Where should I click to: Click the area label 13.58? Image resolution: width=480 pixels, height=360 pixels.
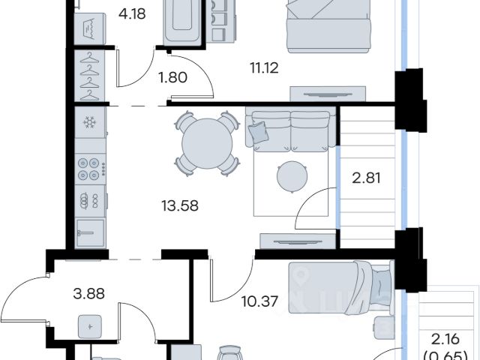[x=180, y=205]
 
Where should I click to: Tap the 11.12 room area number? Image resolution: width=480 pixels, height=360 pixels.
[x=265, y=67]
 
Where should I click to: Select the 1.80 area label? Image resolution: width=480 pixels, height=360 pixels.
[x=173, y=77]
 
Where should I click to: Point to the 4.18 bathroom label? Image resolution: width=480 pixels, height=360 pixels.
[x=132, y=13]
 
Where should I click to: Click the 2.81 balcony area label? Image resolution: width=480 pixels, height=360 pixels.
[x=367, y=178]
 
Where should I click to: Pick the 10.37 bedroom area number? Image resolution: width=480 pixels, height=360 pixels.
[x=259, y=301]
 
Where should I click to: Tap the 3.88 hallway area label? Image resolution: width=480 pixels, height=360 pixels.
[x=89, y=293]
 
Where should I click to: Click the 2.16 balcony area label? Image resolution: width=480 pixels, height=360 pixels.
[x=445, y=339]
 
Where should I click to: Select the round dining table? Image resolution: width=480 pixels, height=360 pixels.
[x=207, y=143]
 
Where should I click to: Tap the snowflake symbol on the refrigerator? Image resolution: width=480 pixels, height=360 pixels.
[x=90, y=122]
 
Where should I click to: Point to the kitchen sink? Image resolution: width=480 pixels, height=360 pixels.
[x=90, y=233]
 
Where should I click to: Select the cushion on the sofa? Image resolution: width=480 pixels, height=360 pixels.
[x=259, y=132]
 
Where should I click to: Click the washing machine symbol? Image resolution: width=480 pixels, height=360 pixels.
[x=90, y=28]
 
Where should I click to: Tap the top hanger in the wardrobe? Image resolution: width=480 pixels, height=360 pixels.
[x=90, y=58]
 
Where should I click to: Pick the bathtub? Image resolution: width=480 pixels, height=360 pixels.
[x=182, y=22]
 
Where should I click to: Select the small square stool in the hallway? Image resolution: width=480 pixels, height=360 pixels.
[x=90, y=326]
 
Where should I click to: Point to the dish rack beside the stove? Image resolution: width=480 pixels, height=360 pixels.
[x=90, y=200]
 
